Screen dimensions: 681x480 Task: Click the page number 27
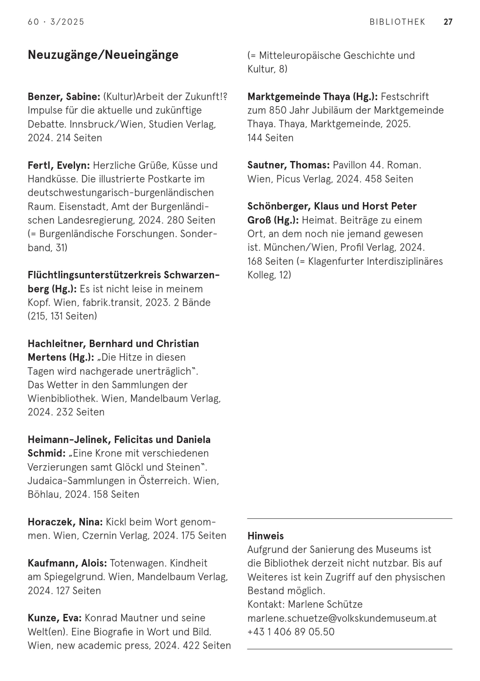click(x=448, y=22)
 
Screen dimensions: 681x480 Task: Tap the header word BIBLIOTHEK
click(x=397, y=22)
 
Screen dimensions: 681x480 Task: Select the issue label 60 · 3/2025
click(x=56, y=22)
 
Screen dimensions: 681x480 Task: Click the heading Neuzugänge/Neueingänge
click(x=103, y=55)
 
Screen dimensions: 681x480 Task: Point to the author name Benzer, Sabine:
click(x=64, y=97)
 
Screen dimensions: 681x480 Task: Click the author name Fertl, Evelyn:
click(x=59, y=165)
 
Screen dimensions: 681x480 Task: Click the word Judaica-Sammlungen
click(x=76, y=481)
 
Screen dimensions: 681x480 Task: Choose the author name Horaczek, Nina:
click(x=65, y=522)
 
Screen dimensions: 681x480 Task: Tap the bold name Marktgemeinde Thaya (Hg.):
click(x=312, y=97)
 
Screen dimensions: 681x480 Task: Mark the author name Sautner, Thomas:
click(x=288, y=165)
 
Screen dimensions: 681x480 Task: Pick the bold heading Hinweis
click(x=265, y=536)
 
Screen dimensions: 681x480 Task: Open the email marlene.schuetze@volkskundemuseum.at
click(x=342, y=618)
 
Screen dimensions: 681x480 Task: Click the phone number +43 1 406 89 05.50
click(x=291, y=632)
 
